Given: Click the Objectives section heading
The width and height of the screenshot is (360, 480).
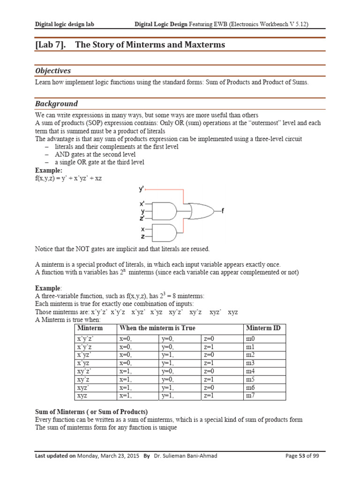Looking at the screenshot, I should (x=53, y=71).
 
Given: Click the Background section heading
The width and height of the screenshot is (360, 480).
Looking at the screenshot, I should (x=56, y=104).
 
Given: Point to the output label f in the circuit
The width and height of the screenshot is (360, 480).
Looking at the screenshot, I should (x=223, y=211).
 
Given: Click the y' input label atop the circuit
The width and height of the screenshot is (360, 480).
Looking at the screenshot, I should (x=141, y=189).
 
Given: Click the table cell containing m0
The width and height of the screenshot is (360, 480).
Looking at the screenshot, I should (x=250, y=338).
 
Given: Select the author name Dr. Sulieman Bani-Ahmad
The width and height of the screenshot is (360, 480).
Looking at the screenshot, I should (x=186, y=456).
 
